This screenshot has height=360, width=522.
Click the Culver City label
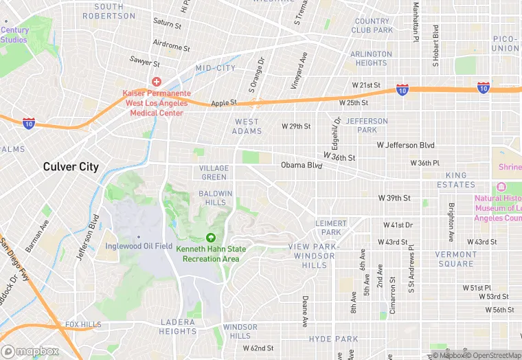[x=71, y=167]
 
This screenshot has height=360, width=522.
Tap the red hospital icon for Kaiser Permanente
[x=156, y=82]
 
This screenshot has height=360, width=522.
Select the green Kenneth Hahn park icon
[x=210, y=237]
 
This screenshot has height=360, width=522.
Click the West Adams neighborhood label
[x=247, y=126]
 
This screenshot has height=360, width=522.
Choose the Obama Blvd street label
[x=301, y=166]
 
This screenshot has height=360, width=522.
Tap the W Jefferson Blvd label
[x=406, y=146]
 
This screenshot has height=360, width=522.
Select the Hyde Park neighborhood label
[x=333, y=339]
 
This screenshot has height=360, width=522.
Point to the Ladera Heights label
[x=179, y=326]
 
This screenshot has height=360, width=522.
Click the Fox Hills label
[x=83, y=324]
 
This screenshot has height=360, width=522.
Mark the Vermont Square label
[x=455, y=259]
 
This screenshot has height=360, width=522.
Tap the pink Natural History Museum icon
[x=500, y=187]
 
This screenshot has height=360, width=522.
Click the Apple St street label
[x=224, y=103]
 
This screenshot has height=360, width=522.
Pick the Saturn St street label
[x=167, y=24]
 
